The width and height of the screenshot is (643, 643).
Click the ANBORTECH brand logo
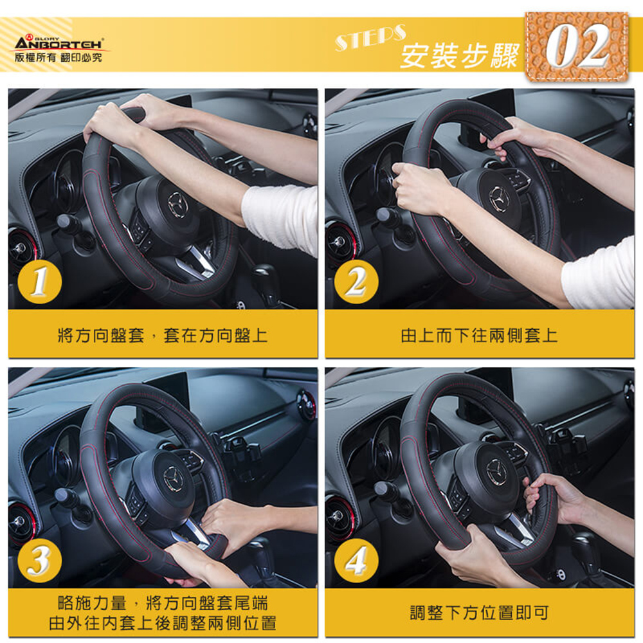coord(59,42)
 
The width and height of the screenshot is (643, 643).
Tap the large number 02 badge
coord(577,46)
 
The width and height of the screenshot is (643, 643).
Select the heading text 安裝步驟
coord(460,56)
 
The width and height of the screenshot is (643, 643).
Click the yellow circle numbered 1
coord(40,282)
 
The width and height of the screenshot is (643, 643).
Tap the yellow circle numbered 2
coord(356,282)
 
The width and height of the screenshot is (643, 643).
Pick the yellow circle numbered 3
coord(40,561)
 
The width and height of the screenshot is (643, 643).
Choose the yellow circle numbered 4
coord(356,561)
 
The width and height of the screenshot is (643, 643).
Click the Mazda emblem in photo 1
coord(177,204)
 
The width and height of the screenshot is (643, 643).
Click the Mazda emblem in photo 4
coord(496,471)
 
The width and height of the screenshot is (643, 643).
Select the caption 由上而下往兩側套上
coord(480,336)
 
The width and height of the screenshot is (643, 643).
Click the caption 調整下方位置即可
coord(480,613)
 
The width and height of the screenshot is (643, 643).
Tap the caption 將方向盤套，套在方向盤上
coord(163,336)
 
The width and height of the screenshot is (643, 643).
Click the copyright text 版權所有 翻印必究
coord(59,57)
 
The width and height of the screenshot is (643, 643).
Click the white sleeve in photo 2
coord(598,275)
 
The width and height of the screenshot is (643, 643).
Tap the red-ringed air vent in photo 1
coord(21,248)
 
